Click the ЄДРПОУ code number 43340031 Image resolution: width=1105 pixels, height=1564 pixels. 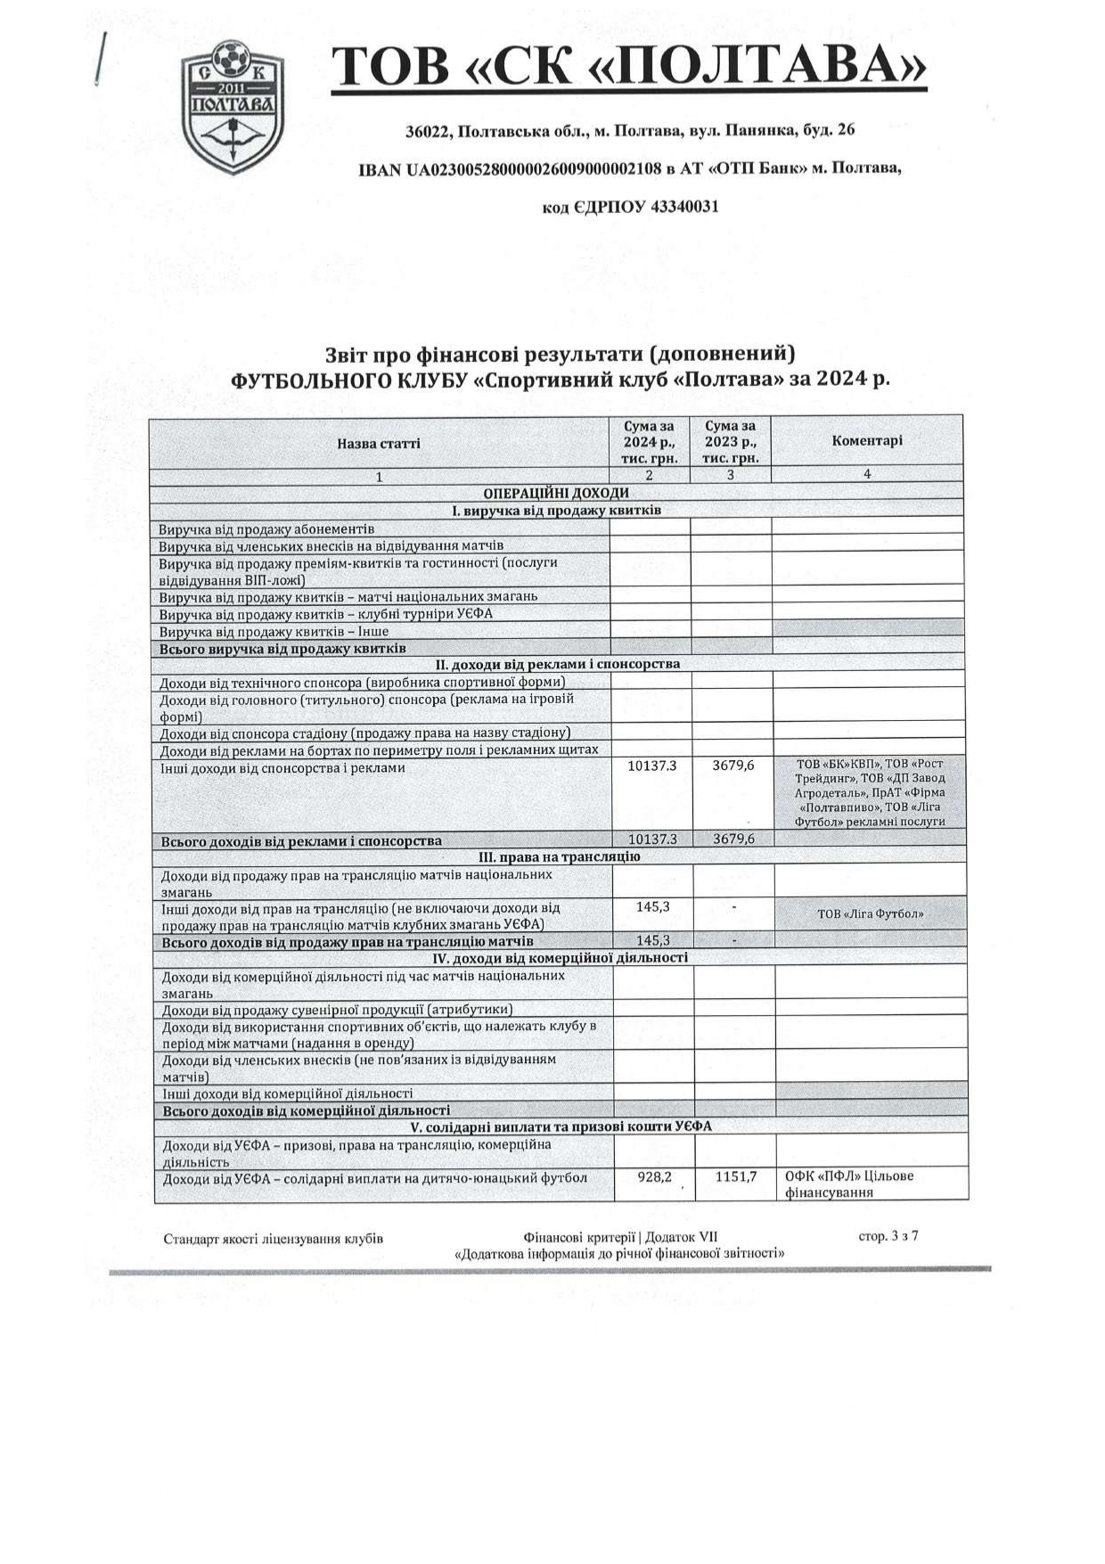click(x=685, y=207)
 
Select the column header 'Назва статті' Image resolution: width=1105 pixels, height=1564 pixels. click(x=379, y=443)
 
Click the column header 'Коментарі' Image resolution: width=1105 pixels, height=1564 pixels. click(x=866, y=441)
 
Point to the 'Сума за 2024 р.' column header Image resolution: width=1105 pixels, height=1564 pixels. click(x=650, y=442)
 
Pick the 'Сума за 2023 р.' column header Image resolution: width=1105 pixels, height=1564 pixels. click(x=730, y=442)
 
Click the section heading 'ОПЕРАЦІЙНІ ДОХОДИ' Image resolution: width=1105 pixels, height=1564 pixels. click(x=556, y=493)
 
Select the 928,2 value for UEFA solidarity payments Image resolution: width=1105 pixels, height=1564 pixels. click(x=654, y=1177)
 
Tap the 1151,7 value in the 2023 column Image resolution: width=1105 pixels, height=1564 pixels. click(x=735, y=1177)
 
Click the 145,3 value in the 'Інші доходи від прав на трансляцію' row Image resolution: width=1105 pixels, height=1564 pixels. click(x=653, y=906)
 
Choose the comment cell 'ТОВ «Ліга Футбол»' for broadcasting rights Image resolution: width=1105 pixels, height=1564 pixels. click(x=870, y=913)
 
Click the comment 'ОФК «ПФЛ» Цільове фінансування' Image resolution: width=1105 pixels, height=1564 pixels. click(x=849, y=1184)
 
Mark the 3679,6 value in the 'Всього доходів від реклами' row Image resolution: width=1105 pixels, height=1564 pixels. click(x=733, y=839)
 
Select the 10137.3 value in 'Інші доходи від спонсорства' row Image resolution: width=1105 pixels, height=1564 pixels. click(x=652, y=766)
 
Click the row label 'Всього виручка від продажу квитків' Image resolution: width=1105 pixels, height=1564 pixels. click(x=282, y=648)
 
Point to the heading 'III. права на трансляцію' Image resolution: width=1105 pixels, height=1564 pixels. click(x=560, y=856)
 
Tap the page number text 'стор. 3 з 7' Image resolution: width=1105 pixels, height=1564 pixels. click(x=888, y=1236)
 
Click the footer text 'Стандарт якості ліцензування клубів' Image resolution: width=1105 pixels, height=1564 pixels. click(x=274, y=1239)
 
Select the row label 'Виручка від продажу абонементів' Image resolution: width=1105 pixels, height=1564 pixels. click(x=266, y=529)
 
